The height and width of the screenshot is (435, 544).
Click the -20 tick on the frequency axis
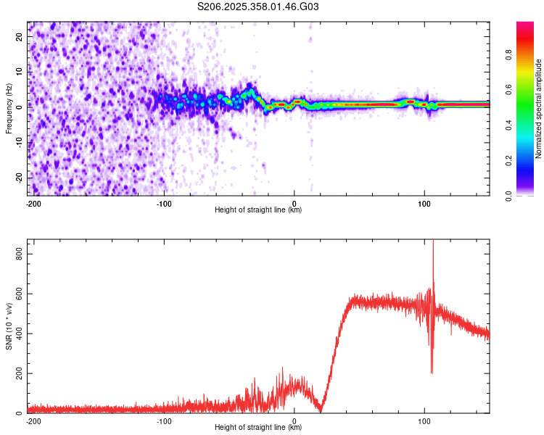pyautogui.click(x=20, y=177)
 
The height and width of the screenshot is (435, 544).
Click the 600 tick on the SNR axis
pyautogui.click(x=17, y=294)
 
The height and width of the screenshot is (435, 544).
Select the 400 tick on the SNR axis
pyautogui.click(x=17, y=333)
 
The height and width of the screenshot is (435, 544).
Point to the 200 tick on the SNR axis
pyautogui.click(x=17, y=373)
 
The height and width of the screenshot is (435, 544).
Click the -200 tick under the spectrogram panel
pyautogui.click(x=33, y=202)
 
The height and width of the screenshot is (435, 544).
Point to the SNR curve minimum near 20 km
pyautogui.click(x=320, y=410)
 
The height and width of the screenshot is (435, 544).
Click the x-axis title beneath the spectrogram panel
pyautogui.click(x=258, y=210)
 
